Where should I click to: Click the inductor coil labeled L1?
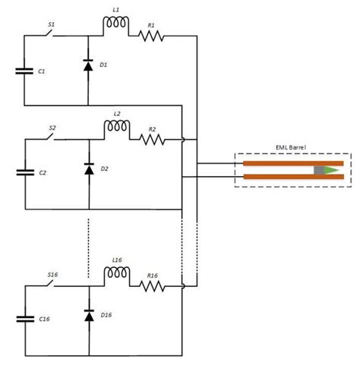(115, 27)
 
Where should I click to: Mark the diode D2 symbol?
(88, 169)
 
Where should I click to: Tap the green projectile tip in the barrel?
(331, 170)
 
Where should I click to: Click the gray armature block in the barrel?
(319, 170)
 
